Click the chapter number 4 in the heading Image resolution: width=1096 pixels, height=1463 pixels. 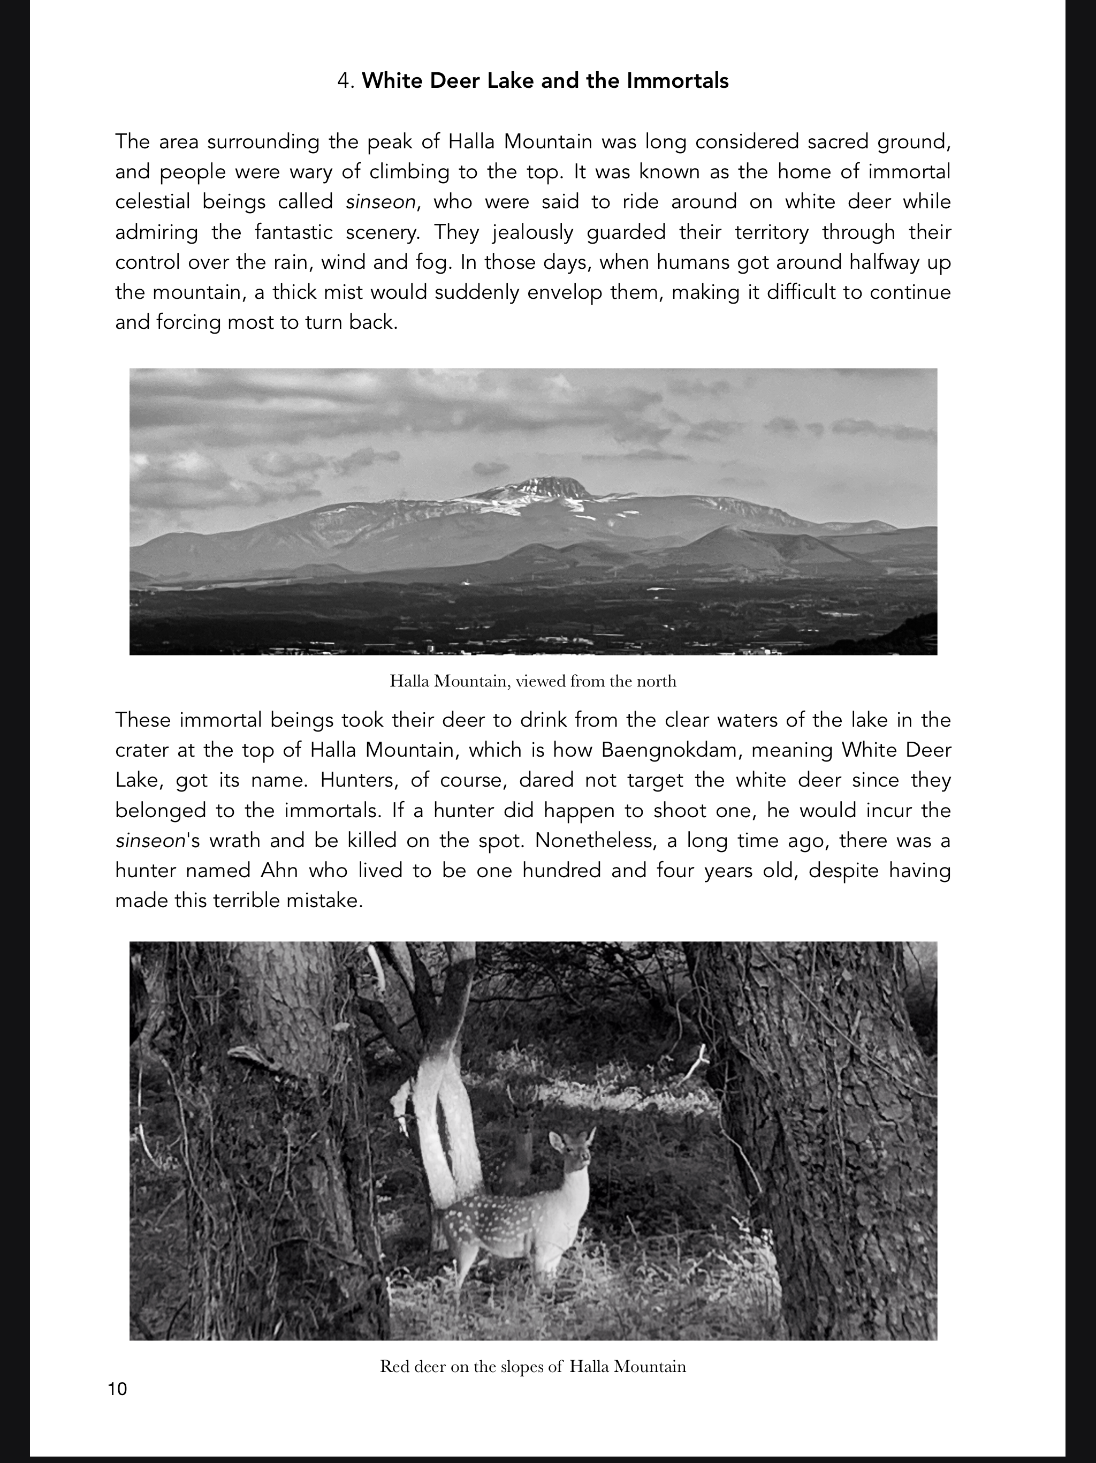pos(342,81)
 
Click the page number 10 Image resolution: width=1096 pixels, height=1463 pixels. pos(117,1388)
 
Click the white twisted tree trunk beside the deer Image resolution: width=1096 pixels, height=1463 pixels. pos(447,1125)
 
